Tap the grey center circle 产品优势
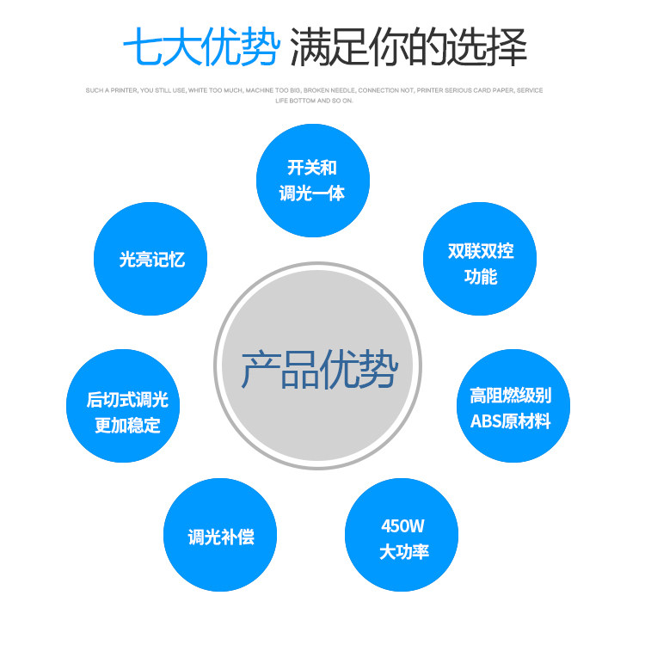point(318,366)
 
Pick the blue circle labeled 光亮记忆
point(150,258)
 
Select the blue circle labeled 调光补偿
point(220,535)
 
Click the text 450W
point(402,526)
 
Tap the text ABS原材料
point(510,421)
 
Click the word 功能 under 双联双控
point(480,277)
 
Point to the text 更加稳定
point(127,426)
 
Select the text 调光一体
point(312,193)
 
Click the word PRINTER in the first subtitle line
point(120,90)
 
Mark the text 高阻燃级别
point(510,396)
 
